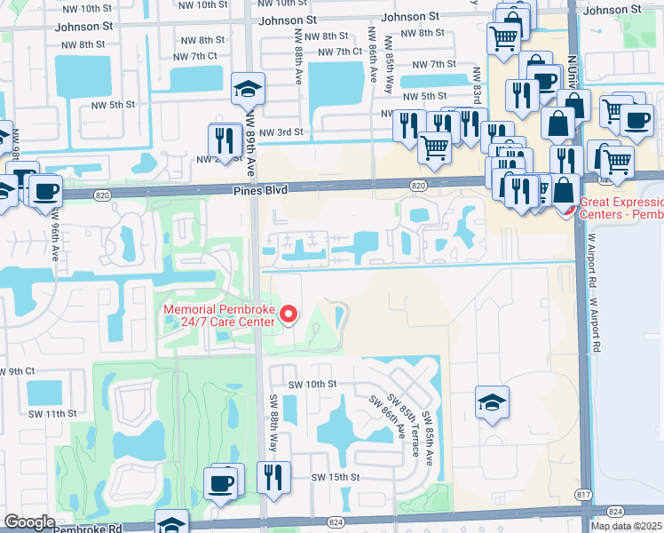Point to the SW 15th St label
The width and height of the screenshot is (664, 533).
tap(334, 477)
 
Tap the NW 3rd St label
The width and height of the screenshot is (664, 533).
tap(279, 132)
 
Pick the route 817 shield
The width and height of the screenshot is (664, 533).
tap(582, 493)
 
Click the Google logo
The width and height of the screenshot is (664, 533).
tap(29, 522)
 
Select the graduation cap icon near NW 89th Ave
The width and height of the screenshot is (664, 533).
tap(248, 88)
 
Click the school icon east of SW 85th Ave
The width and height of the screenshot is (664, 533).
tap(492, 402)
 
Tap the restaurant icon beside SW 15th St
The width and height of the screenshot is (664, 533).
tap(274, 477)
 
